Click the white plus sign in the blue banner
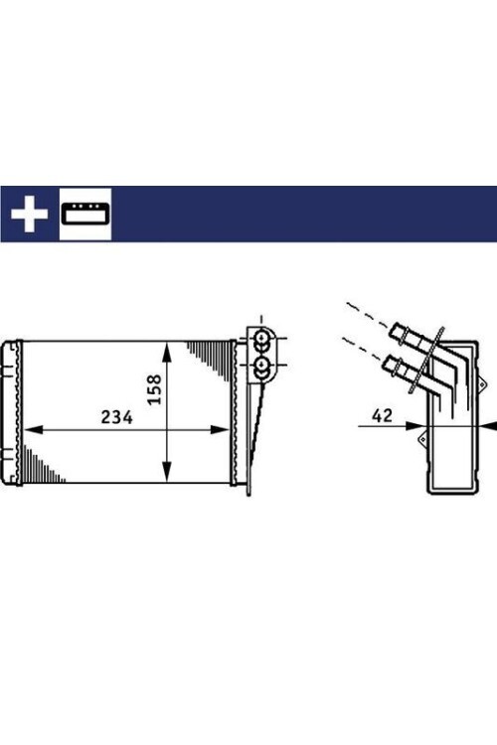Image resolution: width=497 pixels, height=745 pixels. (x=30, y=214)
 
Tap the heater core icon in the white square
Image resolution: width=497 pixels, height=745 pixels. (x=85, y=214)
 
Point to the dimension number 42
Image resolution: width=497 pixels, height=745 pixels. (x=381, y=416)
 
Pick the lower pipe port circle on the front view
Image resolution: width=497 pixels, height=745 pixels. (x=262, y=369)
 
